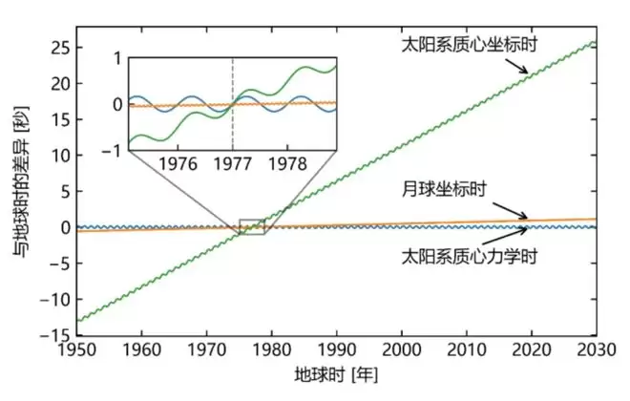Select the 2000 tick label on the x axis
coord(403,348)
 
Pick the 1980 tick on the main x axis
coord(272,348)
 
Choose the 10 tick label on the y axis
coord(59,155)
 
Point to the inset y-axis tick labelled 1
coord(118,58)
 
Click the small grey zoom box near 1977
coord(251,226)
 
